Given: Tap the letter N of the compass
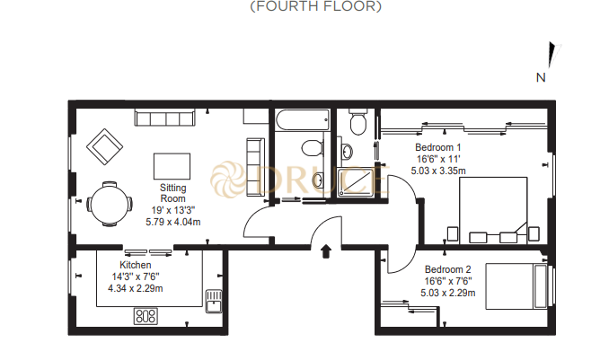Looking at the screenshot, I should (541, 77).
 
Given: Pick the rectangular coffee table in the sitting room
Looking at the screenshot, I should (172, 166).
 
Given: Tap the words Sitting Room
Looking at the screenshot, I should (172, 193).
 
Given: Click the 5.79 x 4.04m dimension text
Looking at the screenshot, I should (172, 221).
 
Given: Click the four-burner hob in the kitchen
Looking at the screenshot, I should (145, 316).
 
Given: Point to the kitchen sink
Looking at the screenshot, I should (213, 299).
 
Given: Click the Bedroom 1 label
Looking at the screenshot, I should (437, 147).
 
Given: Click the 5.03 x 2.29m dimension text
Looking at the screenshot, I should (446, 291).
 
